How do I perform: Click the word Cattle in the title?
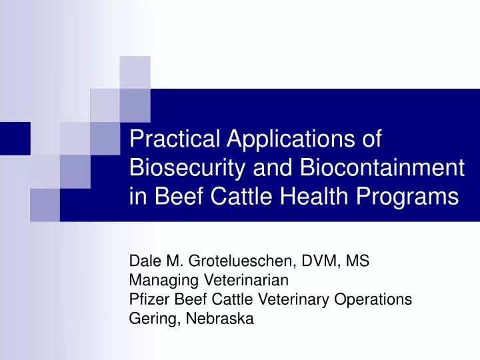coord(227,197)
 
